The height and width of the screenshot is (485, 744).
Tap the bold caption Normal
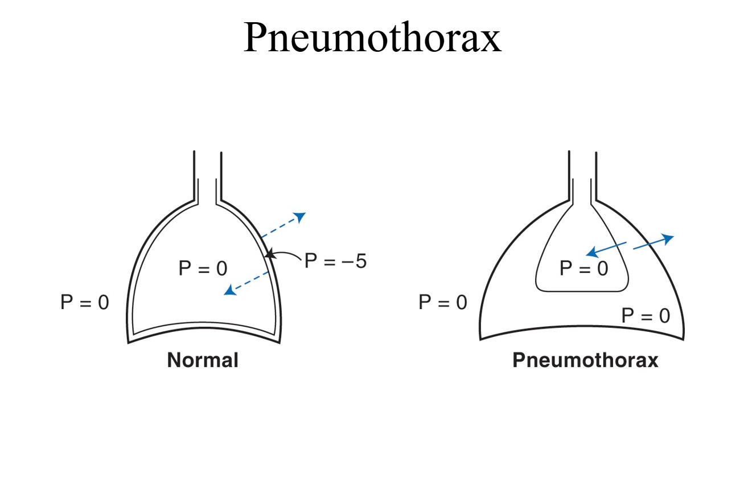pyautogui.click(x=203, y=360)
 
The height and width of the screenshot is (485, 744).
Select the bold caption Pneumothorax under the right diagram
pyautogui.click(x=585, y=360)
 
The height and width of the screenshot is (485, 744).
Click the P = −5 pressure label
pyautogui.click(x=335, y=261)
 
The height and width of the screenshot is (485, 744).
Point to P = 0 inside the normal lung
pyautogui.click(x=203, y=269)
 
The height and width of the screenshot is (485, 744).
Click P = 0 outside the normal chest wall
pyautogui.click(x=84, y=302)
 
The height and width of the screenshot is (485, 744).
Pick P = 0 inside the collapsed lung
pyautogui.click(x=583, y=268)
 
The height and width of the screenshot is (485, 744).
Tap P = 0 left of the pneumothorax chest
pyautogui.click(x=442, y=302)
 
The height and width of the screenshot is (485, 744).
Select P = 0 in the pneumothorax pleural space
pyautogui.click(x=646, y=315)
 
